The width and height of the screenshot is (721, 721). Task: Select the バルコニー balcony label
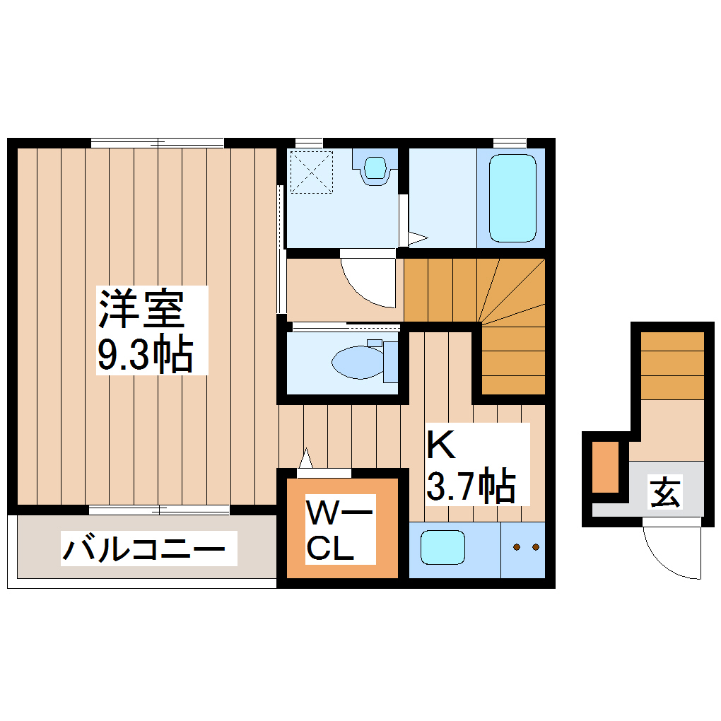(143, 550)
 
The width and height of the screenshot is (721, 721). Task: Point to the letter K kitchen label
(440, 445)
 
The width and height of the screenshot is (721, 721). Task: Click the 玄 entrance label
(665, 493)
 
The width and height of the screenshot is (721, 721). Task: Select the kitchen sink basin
(442, 546)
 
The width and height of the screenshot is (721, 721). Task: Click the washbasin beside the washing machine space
(375, 168)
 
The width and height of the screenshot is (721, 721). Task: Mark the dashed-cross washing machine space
(312, 172)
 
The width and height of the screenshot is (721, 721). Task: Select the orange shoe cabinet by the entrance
(605, 467)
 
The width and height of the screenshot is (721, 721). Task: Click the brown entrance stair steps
(672, 364)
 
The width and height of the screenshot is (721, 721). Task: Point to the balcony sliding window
(159, 509)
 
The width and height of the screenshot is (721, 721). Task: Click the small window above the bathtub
(509, 142)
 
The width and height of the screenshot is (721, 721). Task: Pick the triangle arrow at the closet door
(306, 458)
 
